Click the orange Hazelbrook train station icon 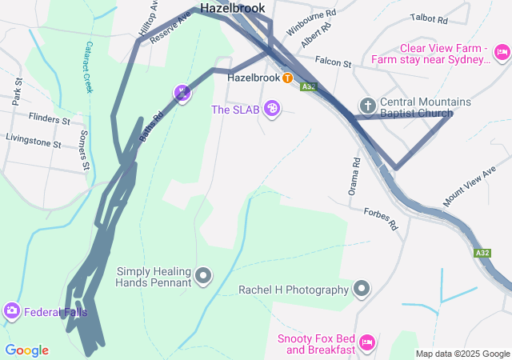pyautogui.click(x=286, y=78)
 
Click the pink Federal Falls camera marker pyautogui.click(x=11, y=311)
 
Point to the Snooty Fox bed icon pyautogui.click(x=367, y=342)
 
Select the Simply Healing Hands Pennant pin pyautogui.click(x=203, y=277)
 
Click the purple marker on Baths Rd pyautogui.click(x=182, y=94)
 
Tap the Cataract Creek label pyautogui.click(x=89, y=66)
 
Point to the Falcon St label pyautogui.click(x=333, y=62)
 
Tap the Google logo pyautogui.click(x=26, y=350)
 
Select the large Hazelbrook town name pyautogui.click(x=232, y=8)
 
